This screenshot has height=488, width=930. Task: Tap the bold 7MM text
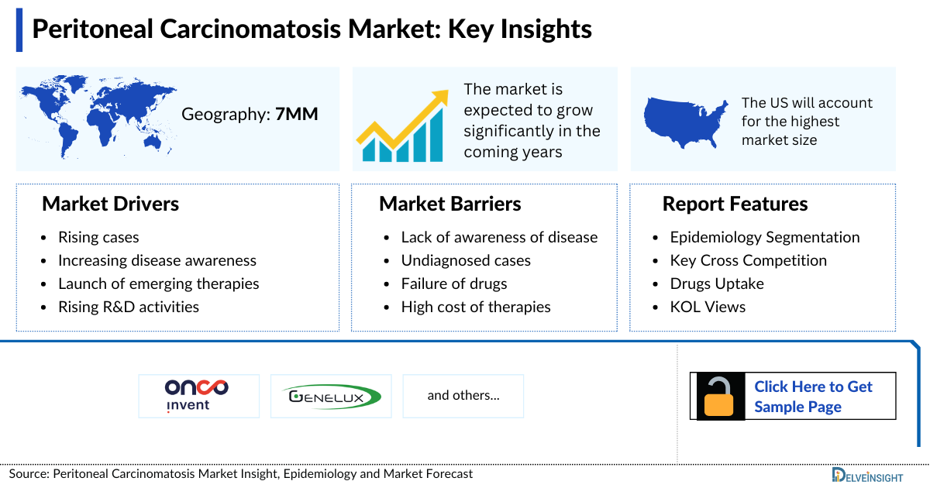[296, 115]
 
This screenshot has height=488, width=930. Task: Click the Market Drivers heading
[110, 204]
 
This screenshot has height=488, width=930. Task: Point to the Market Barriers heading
[449, 204]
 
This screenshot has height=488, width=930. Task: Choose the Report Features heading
[735, 204]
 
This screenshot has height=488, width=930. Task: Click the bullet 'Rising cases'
[98, 237]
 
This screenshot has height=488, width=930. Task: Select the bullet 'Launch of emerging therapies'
[158, 284]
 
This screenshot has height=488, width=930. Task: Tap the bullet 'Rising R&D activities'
[128, 307]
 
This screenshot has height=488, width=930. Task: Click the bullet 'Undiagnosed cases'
[465, 260]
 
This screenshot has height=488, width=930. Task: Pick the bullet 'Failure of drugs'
[453, 284]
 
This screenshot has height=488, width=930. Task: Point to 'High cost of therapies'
[475, 307]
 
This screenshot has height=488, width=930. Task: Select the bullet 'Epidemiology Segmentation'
[764, 237]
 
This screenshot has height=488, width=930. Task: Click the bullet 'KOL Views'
[707, 307]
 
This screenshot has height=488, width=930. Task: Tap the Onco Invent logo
[198, 396]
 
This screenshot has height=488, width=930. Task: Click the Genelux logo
[331, 396]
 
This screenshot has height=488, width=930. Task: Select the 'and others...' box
[463, 396]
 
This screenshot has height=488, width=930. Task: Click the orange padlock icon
[718, 397]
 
